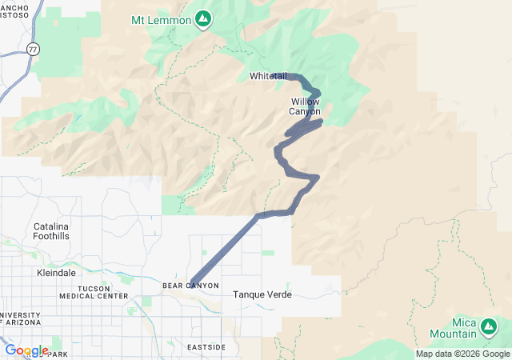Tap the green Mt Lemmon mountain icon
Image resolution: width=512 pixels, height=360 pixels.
point(203,17)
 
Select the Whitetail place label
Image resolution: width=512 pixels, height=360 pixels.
point(267,76)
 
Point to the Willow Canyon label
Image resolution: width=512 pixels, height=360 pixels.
point(305,106)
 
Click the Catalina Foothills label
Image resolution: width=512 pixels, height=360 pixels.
point(51,231)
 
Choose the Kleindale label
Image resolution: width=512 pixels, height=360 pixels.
point(56,272)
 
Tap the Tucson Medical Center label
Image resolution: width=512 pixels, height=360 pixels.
point(93,292)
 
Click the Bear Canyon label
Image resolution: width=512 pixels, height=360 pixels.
point(190,286)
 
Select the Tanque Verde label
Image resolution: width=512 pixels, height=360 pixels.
point(262,294)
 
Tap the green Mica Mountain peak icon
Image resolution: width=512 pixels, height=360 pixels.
point(489,326)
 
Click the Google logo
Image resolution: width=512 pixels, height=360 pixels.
point(26,350)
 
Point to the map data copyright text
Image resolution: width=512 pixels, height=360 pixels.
point(462,354)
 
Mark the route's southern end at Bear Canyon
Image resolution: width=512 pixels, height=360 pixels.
point(192,281)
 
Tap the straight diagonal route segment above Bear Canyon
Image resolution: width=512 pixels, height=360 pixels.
point(226,247)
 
